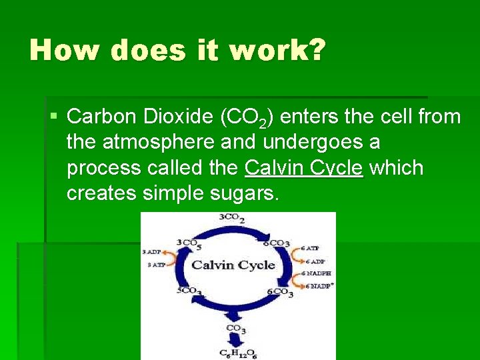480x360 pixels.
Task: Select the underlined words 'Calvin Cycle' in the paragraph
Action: [x=304, y=168]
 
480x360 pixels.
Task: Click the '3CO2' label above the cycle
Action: [x=232, y=218]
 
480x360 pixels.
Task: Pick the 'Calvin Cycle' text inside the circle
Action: [x=233, y=265]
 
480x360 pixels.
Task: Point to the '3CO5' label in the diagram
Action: [x=189, y=243]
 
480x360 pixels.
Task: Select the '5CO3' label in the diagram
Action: [x=190, y=291]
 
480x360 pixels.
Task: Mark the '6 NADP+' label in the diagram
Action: [x=319, y=285]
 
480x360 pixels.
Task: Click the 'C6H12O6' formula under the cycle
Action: [x=237, y=353]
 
